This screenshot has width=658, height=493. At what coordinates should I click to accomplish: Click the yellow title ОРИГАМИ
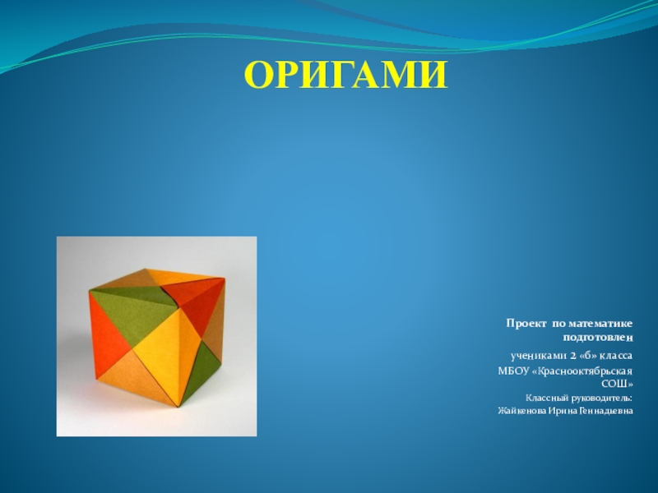(346, 75)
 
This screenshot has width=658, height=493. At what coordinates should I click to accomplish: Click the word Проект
(526, 324)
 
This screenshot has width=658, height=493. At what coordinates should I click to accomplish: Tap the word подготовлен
(598, 338)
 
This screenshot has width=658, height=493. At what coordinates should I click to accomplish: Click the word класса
(616, 356)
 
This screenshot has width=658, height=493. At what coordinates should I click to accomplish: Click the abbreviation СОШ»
(618, 384)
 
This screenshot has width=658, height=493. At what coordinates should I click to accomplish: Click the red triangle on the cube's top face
(194, 297)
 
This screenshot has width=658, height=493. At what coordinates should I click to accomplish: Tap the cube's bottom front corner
(180, 407)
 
